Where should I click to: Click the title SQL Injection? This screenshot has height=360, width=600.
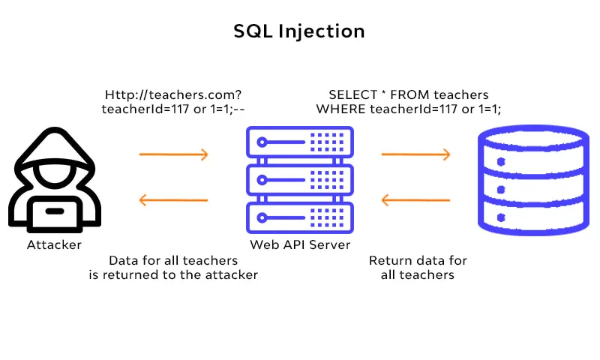pyautogui.click(x=299, y=31)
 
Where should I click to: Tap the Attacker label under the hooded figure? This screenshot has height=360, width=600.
pyautogui.click(x=54, y=245)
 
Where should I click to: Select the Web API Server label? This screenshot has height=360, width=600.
pyautogui.click(x=299, y=245)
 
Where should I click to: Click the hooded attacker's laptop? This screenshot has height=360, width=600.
pyautogui.click(x=54, y=212)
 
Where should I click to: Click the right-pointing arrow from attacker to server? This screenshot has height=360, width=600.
pyautogui.click(x=173, y=154)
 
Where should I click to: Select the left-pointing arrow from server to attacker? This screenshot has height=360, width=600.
pyautogui.click(x=173, y=200)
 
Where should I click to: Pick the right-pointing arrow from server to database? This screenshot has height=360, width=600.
pyautogui.click(x=415, y=154)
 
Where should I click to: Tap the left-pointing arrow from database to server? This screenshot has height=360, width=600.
pyautogui.click(x=415, y=200)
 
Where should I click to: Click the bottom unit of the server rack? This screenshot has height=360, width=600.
pyautogui.click(x=299, y=219)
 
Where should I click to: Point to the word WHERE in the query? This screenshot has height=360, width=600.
pyautogui.click(x=339, y=109)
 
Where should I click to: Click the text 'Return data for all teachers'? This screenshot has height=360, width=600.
pyautogui.click(x=418, y=268)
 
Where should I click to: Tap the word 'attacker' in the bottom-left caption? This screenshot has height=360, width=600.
pyautogui.click(x=229, y=274)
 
